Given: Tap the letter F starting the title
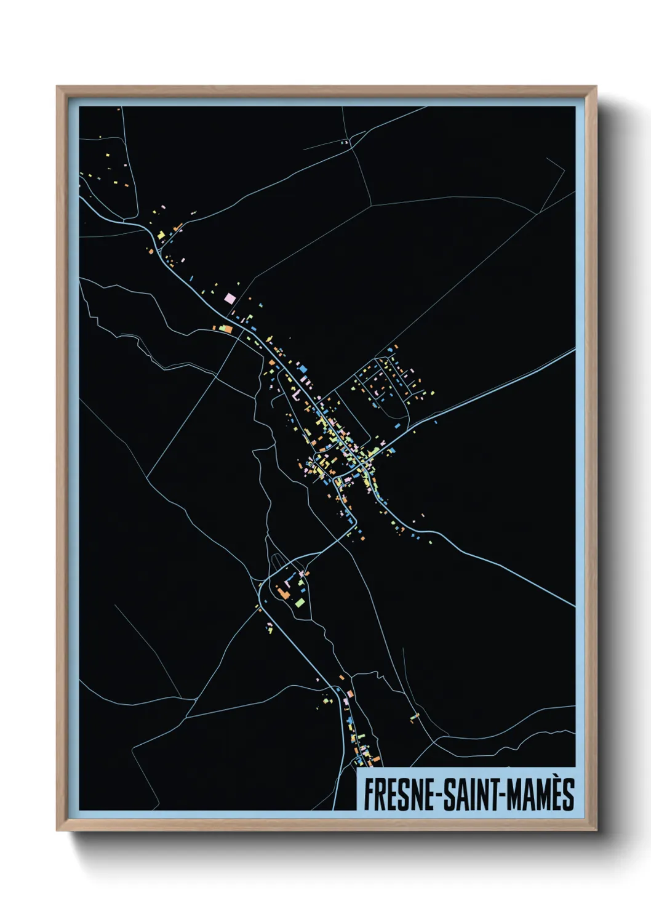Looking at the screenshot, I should click(x=369, y=795).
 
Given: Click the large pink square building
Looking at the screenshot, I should click(x=230, y=299).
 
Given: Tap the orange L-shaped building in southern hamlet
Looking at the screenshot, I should click(x=284, y=593).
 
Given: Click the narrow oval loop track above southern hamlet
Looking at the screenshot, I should click(x=278, y=561).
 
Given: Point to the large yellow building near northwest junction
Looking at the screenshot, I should click(x=159, y=235).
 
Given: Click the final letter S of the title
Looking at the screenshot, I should click(x=568, y=795).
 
